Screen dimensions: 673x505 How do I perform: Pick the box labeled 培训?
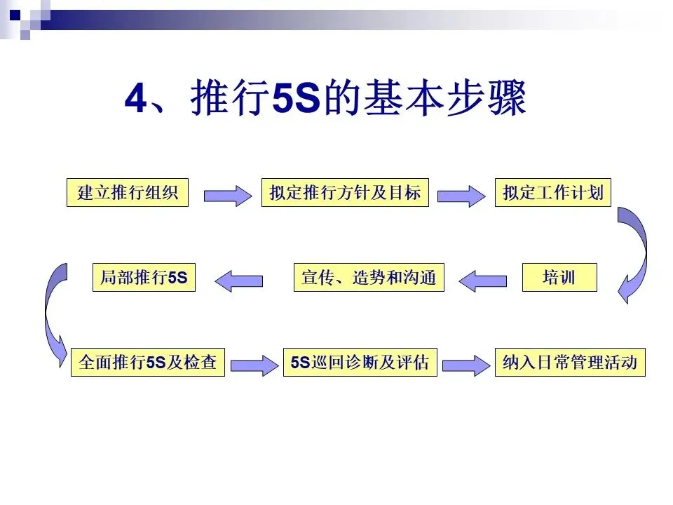tap(559, 278)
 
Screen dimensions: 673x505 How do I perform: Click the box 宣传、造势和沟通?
tap(369, 278)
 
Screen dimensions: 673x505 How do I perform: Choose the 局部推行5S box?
tap(144, 278)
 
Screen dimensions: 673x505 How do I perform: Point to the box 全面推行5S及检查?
tap(148, 363)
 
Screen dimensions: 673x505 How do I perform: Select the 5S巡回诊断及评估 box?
tap(360, 363)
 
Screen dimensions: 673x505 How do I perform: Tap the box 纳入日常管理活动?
tap(569, 363)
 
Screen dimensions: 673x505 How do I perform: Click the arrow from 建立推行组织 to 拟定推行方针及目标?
tap(229, 194)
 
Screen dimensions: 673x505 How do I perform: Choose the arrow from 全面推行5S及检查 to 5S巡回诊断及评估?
tap(254, 365)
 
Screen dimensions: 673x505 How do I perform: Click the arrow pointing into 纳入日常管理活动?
tap(465, 365)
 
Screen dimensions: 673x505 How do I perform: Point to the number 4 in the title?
tap(135, 100)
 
